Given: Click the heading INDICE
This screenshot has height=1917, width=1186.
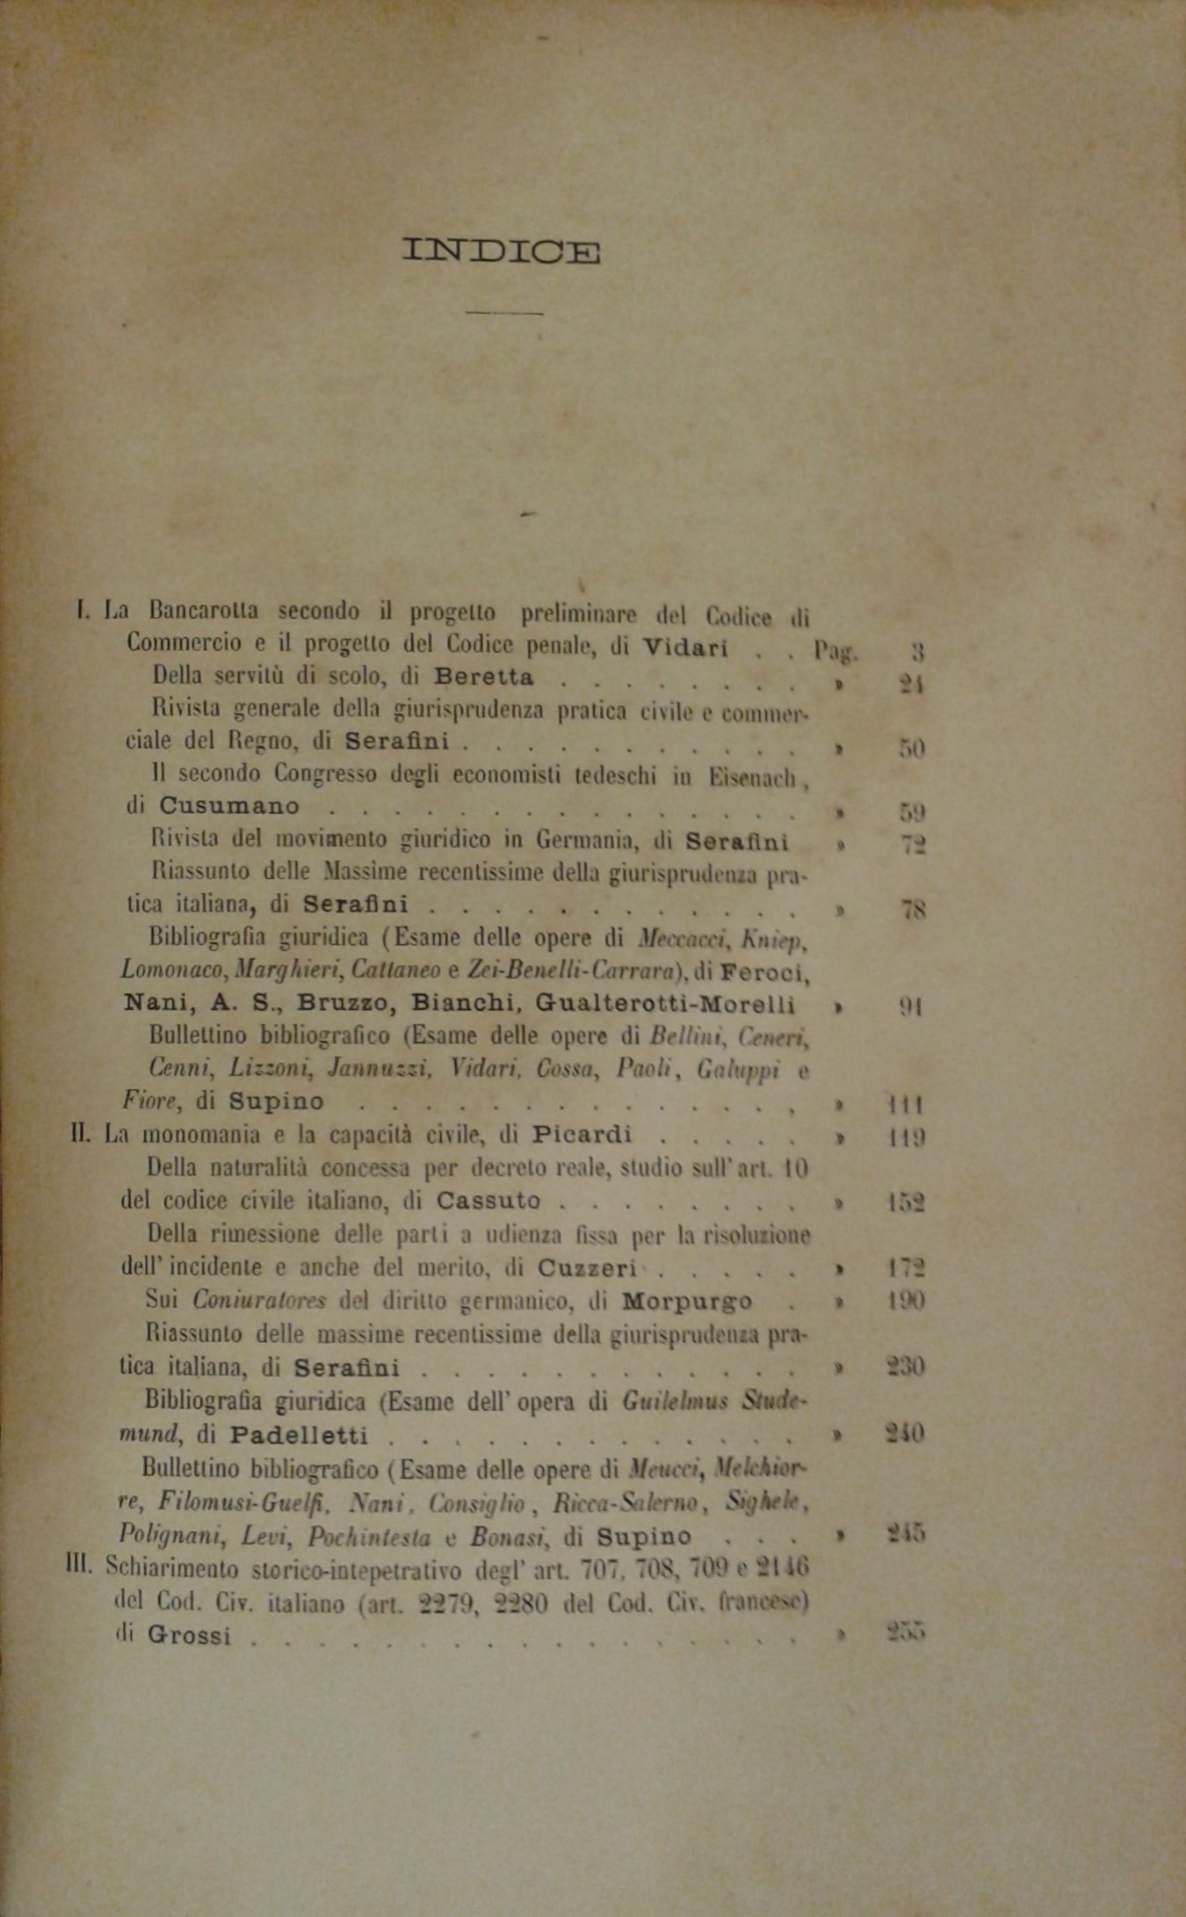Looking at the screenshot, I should click(502, 252).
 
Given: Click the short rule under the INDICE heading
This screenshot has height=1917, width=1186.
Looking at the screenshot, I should click(504, 312).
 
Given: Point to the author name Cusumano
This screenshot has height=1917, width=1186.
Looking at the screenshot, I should click(229, 806).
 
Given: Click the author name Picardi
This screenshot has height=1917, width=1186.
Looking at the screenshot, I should click(582, 1134).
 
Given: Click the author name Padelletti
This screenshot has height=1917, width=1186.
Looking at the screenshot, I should click(299, 1435).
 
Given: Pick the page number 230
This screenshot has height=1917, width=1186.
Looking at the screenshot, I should click(904, 1367).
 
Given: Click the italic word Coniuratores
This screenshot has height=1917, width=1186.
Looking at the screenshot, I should click(259, 1300).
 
